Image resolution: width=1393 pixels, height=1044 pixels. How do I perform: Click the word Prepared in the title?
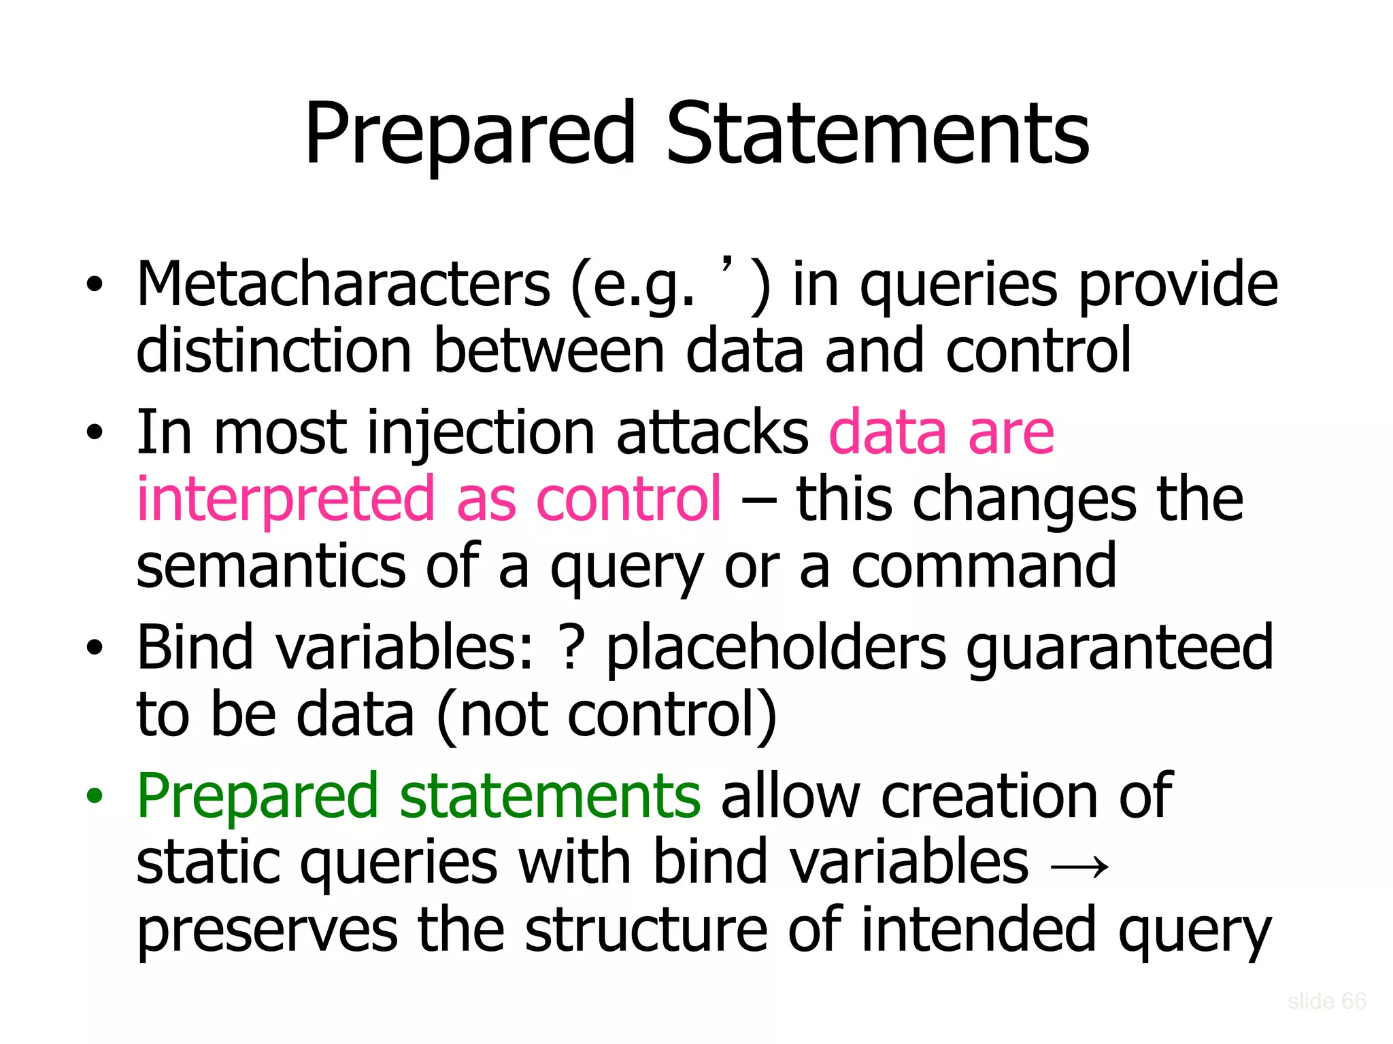coord(470,134)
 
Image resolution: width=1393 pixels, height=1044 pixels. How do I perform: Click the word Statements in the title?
coord(877,134)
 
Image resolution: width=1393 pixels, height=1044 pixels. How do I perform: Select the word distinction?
coord(274,351)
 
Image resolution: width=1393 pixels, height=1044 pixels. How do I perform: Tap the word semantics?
coord(270,568)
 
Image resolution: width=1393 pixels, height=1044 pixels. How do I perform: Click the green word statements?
coord(550,797)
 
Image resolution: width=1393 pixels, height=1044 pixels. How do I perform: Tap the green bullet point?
coord(95,796)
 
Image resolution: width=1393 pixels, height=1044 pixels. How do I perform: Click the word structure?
coord(645,930)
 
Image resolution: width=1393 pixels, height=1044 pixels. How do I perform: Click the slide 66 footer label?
coord(1326,1001)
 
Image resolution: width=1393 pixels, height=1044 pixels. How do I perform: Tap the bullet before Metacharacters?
coord(95,285)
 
